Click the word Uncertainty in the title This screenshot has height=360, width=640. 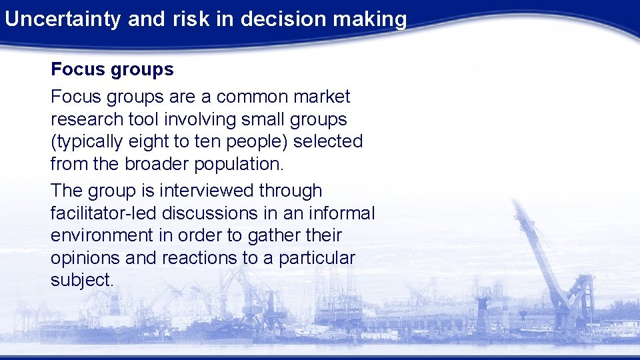click(62, 19)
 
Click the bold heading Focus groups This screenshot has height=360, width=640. click(112, 69)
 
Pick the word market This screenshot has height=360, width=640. click(321, 97)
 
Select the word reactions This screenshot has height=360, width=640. click(203, 258)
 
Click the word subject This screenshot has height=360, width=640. click(82, 280)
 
